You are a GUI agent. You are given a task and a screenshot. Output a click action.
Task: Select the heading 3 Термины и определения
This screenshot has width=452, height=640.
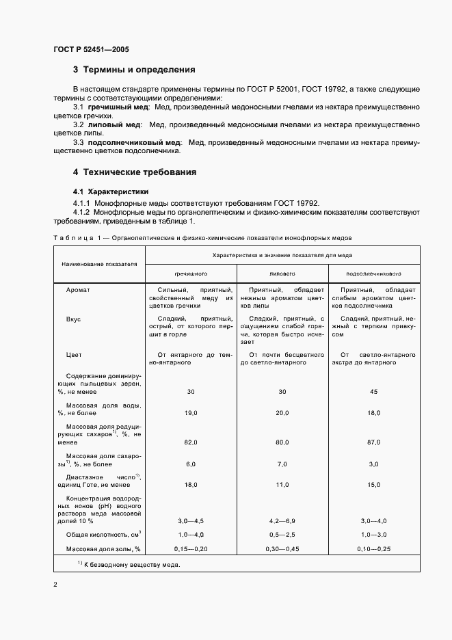[134, 70]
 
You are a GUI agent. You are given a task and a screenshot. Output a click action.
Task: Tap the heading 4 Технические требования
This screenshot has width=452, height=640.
[135, 172]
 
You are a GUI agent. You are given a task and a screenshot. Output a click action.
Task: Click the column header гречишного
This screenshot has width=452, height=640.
[191, 273]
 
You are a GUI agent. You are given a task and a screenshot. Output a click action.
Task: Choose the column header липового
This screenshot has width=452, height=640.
[282, 273]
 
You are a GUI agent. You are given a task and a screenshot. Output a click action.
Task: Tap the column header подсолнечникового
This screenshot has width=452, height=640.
[373, 273]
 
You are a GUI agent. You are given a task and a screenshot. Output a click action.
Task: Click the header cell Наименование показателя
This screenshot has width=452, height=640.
[99, 263]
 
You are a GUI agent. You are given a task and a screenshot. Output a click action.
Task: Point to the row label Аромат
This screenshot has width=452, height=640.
[78, 290]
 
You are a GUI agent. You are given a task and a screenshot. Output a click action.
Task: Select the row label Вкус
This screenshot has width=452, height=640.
[74, 319]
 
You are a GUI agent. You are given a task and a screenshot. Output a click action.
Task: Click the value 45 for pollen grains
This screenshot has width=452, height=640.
[373, 392]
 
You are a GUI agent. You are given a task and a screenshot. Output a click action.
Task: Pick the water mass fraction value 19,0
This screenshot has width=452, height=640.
[191, 414]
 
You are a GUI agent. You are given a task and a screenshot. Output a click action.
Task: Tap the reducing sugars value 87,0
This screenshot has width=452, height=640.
[373, 443]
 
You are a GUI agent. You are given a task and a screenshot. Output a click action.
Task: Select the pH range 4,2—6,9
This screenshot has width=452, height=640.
[282, 520]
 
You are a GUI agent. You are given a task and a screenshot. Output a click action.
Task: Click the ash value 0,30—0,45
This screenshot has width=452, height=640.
[282, 549]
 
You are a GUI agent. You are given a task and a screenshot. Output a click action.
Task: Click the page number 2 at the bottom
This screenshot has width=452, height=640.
[55, 585]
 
